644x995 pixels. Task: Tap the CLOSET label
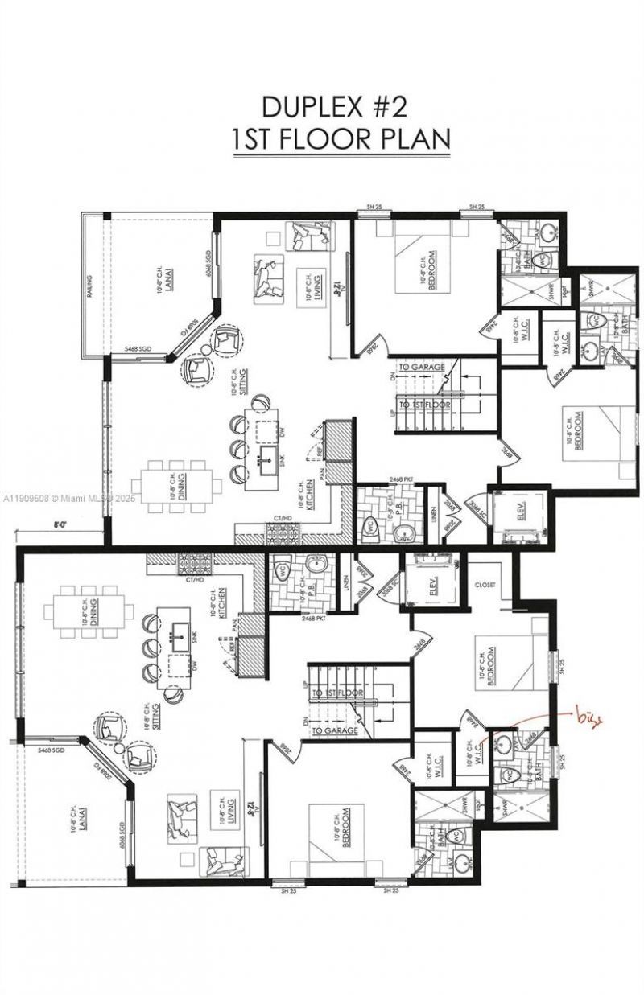tap(485, 585)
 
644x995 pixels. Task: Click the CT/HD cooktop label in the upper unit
tap(283, 518)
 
